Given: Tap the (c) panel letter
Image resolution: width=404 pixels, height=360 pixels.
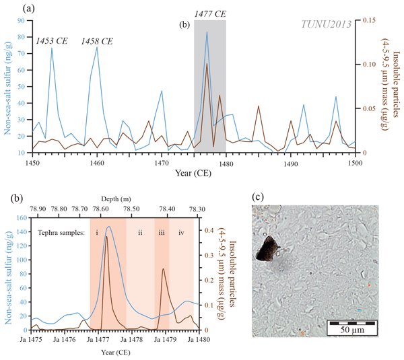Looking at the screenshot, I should coord(257,197).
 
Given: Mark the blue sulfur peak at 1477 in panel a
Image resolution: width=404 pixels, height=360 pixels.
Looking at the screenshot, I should coord(207,32).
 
